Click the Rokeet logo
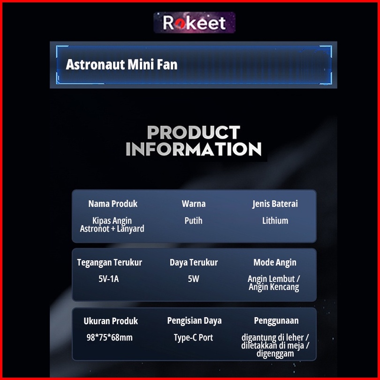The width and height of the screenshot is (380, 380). tap(194, 23)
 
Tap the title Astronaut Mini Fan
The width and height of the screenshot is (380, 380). tap(122, 65)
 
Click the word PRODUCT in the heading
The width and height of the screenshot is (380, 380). tap(194, 132)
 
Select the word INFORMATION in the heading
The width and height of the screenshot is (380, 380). tap(194, 149)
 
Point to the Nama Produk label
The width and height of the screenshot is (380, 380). tap(113, 204)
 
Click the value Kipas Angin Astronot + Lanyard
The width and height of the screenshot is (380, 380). tap(112, 225)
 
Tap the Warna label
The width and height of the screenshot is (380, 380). tap(194, 204)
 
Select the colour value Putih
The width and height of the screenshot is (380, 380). tap(193, 220)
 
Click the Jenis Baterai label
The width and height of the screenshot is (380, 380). tap(275, 204)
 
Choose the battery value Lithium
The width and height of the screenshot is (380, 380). tap(275, 220)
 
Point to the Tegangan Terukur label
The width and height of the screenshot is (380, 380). tap(109, 262)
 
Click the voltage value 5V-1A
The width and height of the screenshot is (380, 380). tap(108, 279)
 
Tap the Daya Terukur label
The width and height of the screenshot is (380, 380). tap(194, 262)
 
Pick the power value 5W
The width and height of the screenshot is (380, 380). tap(194, 279)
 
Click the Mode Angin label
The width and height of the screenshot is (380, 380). tap(275, 262)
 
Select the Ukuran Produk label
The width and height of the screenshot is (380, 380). tap(111, 321)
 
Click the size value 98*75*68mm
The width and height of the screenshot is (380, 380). tap(109, 338)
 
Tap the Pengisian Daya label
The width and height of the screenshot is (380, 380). tap(194, 321)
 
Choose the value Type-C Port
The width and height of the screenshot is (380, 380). tap(193, 338)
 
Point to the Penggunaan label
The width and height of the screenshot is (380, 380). tap(276, 321)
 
